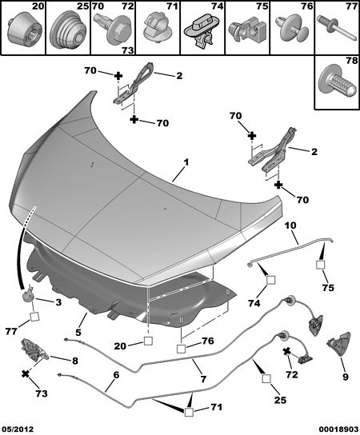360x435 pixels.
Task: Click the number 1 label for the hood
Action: point(186,162)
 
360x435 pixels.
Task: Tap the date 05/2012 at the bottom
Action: point(18,429)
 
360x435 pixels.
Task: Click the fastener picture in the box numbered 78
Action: point(338,81)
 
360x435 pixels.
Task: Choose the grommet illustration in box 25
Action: point(68,30)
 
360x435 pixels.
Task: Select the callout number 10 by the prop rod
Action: point(290,225)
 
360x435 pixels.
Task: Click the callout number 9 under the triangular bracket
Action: point(345,377)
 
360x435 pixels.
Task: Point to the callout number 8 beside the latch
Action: point(75,361)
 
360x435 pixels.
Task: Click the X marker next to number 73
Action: point(26,374)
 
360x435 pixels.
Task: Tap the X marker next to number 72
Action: point(286,352)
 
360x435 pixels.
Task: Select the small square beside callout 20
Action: point(148,341)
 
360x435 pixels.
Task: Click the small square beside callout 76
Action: point(181,349)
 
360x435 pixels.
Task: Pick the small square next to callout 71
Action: point(189,412)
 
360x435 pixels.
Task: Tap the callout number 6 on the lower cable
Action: point(116,375)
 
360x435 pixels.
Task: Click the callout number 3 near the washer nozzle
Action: point(58,302)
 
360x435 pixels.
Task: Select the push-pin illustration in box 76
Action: point(292,29)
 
